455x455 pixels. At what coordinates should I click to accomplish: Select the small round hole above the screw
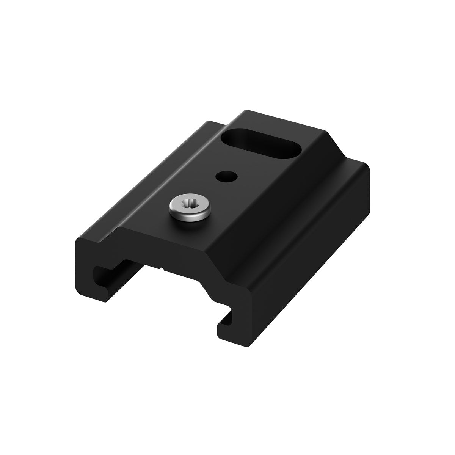coord(226,176)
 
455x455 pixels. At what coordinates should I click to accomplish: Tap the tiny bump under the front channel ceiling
coord(163,270)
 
